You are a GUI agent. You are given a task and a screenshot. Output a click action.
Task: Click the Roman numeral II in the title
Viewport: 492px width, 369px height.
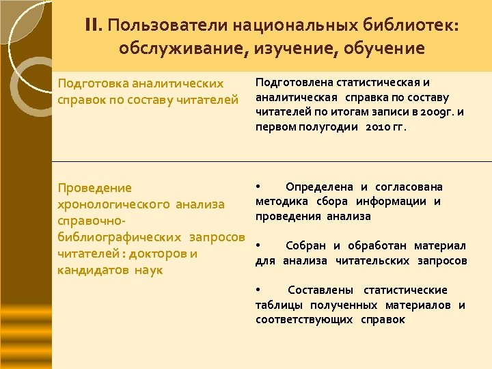click(x=92, y=25)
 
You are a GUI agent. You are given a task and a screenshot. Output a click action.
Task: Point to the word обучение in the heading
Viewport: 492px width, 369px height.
click(x=388, y=49)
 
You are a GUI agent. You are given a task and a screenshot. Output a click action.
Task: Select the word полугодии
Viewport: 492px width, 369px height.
click(x=331, y=127)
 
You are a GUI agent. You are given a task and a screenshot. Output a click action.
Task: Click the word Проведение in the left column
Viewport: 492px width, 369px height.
click(x=95, y=187)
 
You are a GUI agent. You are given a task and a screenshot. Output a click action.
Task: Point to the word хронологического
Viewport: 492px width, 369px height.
click(x=113, y=204)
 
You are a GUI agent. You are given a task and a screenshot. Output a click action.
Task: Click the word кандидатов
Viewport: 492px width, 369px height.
click(x=86, y=270)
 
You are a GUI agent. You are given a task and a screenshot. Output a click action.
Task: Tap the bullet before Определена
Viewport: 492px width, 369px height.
click(x=258, y=186)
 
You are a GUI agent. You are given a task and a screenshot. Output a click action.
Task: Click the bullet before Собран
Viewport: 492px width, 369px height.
click(x=258, y=245)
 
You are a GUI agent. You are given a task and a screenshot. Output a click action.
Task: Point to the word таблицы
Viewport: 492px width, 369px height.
click(x=278, y=305)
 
